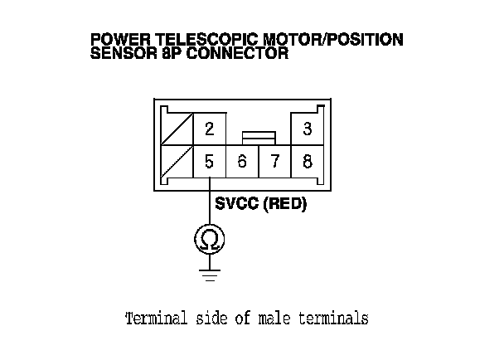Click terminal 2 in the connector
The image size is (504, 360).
pyautogui.click(x=210, y=129)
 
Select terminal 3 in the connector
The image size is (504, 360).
pyautogui.click(x=308, y=129)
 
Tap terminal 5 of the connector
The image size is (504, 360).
pyautogui.click(x=210, y=162)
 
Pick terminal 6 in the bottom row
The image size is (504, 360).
pyautogui.click(x=242, y=162)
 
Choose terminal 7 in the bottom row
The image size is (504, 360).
pyautogui.click(x=274, y=162)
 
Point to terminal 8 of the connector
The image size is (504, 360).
pyautogui.click(x=308, y=162)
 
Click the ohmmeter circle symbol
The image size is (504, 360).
pyautogui.click(x=210, y=241)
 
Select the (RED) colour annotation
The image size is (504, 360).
pyautogui.click(x=285, y=203)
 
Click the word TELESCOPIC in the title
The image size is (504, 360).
pyautogui.click(x=189, y=39)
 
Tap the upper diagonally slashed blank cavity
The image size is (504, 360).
pyautogui.click(x=177, y=129)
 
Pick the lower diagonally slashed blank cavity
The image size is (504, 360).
pyautogui.click(x=177, y=162)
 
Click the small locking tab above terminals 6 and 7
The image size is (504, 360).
pyautogui.click(x=259, y=135)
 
